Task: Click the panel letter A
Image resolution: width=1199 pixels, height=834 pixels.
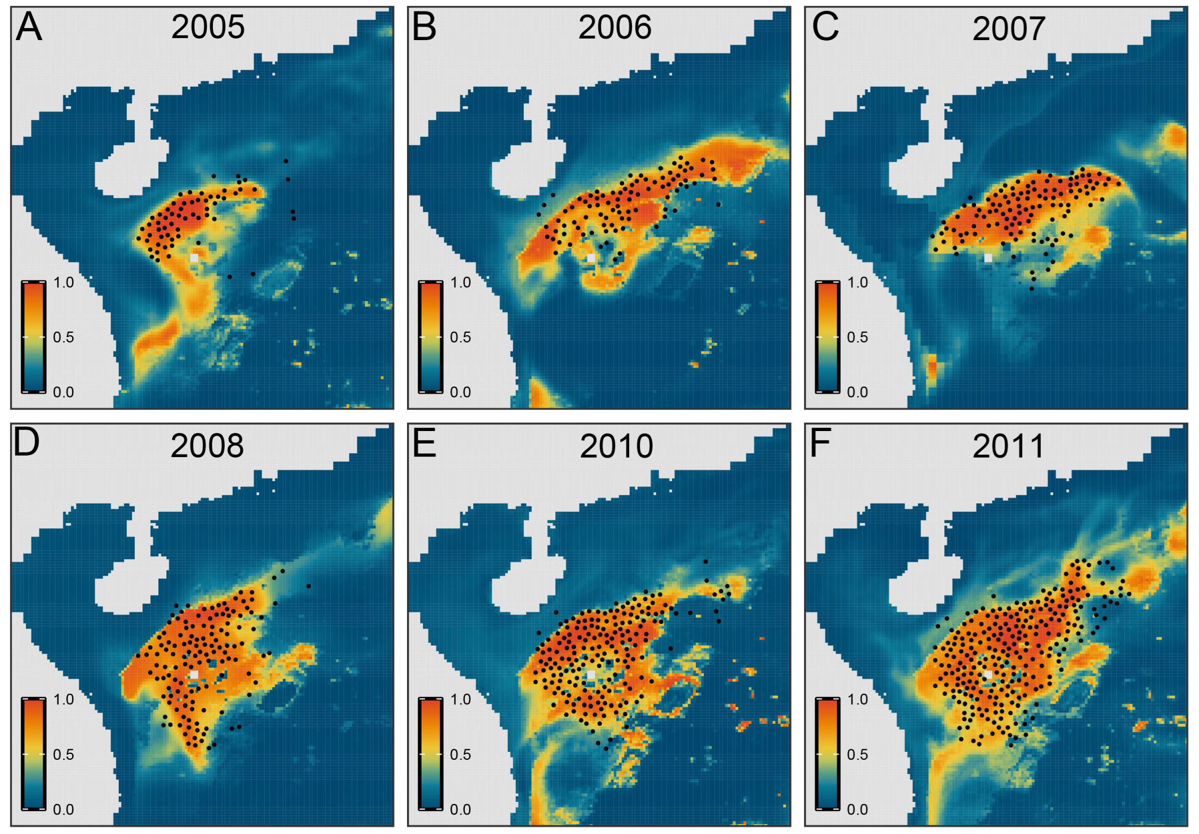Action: point(29,28)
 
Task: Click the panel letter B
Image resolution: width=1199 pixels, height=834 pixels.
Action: point(424,28)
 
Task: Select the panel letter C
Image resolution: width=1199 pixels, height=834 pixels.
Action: point(825,28)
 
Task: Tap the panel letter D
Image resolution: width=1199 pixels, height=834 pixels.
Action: point(26,443)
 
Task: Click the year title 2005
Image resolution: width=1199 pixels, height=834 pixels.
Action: point(208,27)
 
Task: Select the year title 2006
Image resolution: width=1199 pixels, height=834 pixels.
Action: point(615,27)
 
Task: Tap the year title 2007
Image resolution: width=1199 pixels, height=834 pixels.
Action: point(1009,29)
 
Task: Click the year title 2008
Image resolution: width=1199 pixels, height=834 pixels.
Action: point(208,446)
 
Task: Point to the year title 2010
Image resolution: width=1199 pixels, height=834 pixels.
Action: point(616,446)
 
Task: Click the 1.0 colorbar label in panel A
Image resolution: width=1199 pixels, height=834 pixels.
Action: point(63,283)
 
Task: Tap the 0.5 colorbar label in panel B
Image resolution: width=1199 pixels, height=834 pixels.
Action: point(460,337)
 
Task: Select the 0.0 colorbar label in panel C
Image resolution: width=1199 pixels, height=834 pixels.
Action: point(857,392)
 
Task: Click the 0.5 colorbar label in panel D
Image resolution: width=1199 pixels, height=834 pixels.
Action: point(63,755)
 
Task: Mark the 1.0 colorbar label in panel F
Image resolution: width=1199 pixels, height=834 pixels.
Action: point(857,699)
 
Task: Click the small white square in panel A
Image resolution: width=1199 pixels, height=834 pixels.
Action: point(194,258)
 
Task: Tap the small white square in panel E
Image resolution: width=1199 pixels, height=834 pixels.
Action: point(590,675)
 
